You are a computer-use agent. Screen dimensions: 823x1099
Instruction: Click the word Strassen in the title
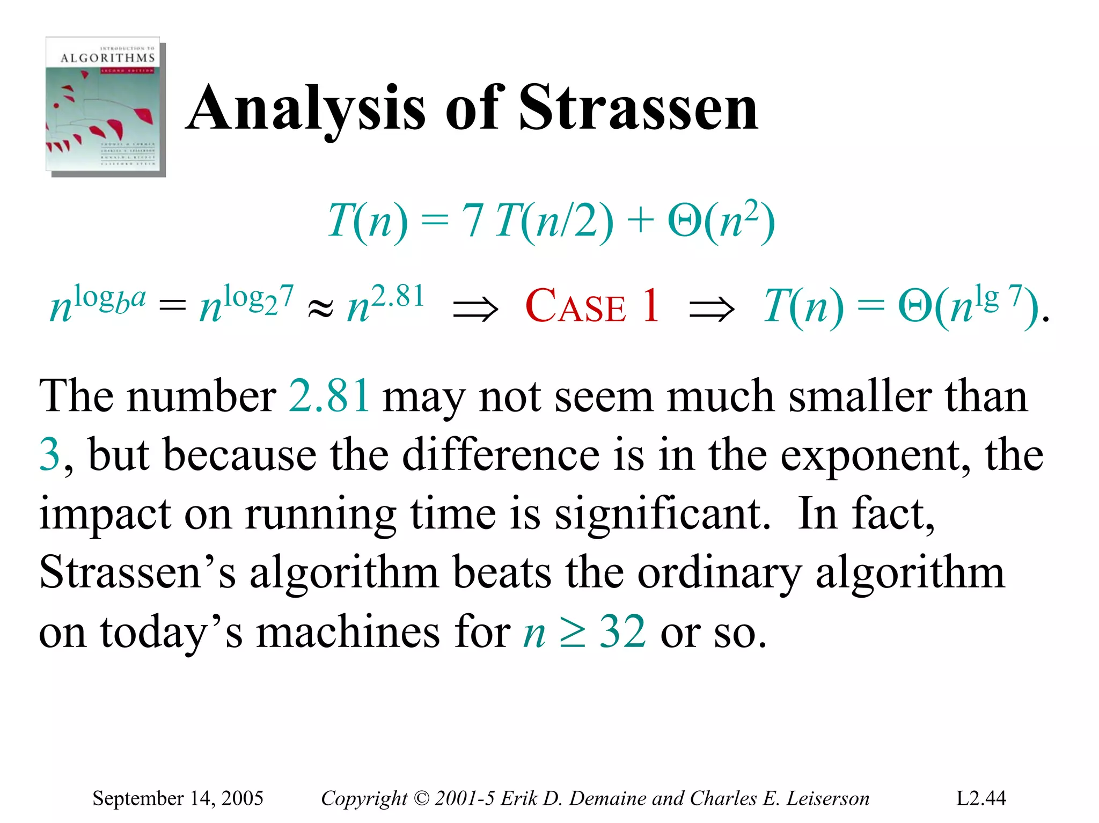point(639,108)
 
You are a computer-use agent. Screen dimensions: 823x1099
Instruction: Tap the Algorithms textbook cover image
point(105,106)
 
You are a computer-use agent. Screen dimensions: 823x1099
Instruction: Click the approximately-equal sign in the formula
point(320,309)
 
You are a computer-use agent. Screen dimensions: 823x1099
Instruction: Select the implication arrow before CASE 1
point(475,310)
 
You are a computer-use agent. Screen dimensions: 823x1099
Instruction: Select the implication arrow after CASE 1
point(712,310)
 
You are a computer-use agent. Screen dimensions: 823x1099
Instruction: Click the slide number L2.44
point(981,798)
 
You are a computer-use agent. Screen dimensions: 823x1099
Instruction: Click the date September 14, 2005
point(178,798)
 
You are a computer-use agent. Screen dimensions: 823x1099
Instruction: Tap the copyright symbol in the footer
point(422,798)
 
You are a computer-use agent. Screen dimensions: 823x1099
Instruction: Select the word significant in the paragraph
point(663,514)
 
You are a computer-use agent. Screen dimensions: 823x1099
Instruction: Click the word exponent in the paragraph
point(875,455)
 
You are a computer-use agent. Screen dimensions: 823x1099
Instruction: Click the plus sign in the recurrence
point(640,221)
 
